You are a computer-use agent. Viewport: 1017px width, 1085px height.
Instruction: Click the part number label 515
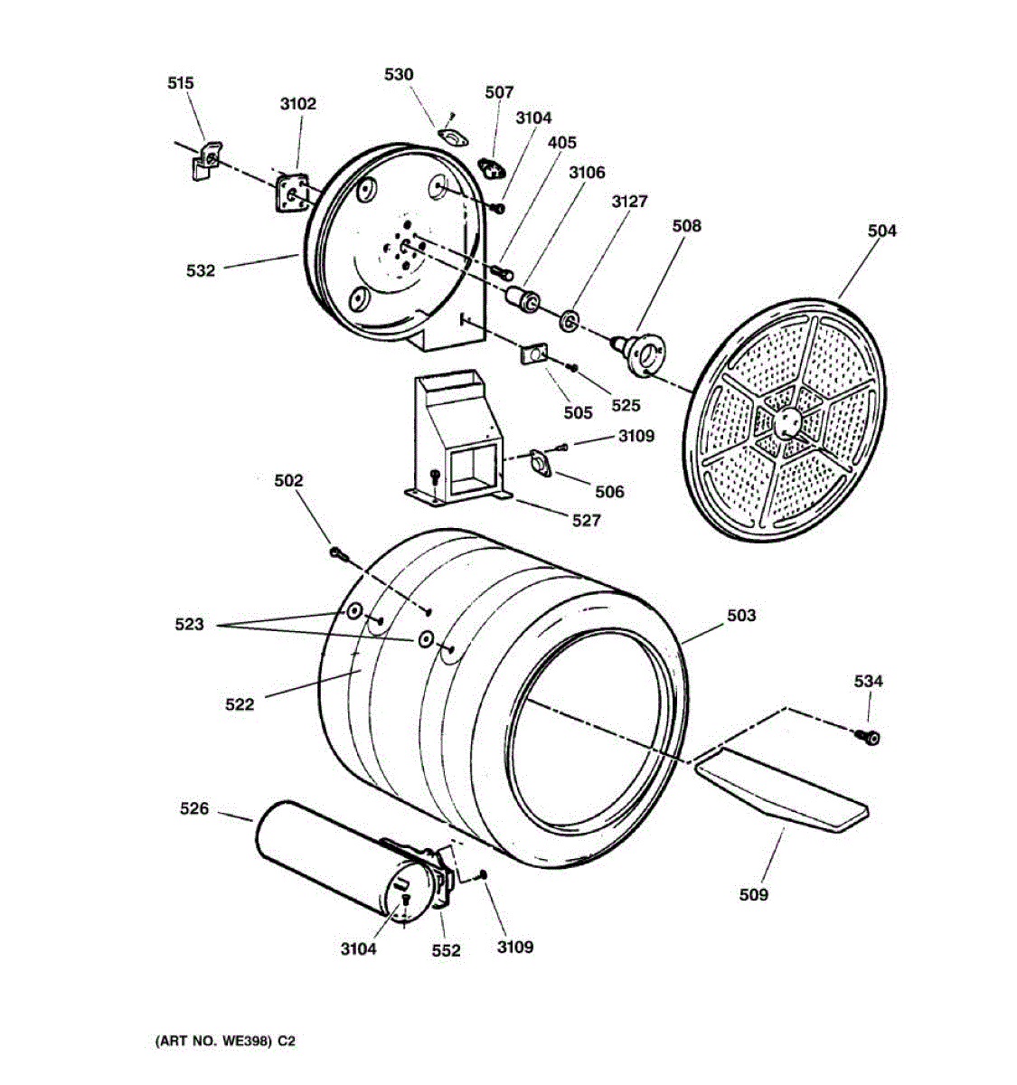point(181,83)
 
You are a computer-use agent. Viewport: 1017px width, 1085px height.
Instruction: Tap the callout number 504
point(881,231)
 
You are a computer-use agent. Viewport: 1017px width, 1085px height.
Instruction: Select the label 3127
point(629,202)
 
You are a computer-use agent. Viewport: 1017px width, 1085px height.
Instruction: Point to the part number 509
point(753,894)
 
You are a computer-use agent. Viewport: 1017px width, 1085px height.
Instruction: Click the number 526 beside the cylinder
point(193,809)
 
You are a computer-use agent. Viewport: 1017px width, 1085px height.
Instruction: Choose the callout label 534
point(868,682)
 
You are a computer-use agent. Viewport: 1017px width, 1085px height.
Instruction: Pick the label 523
point(189,624)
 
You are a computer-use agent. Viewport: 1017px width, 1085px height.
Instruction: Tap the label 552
point(446,950)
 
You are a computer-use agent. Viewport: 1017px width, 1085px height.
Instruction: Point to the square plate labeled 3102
point(293,193)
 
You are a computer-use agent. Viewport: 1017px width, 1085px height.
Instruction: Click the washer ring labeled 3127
point(570,319)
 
